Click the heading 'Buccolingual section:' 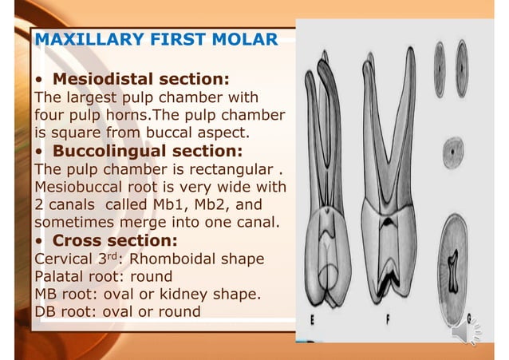148,151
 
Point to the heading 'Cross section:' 115,240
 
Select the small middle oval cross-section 453,149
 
